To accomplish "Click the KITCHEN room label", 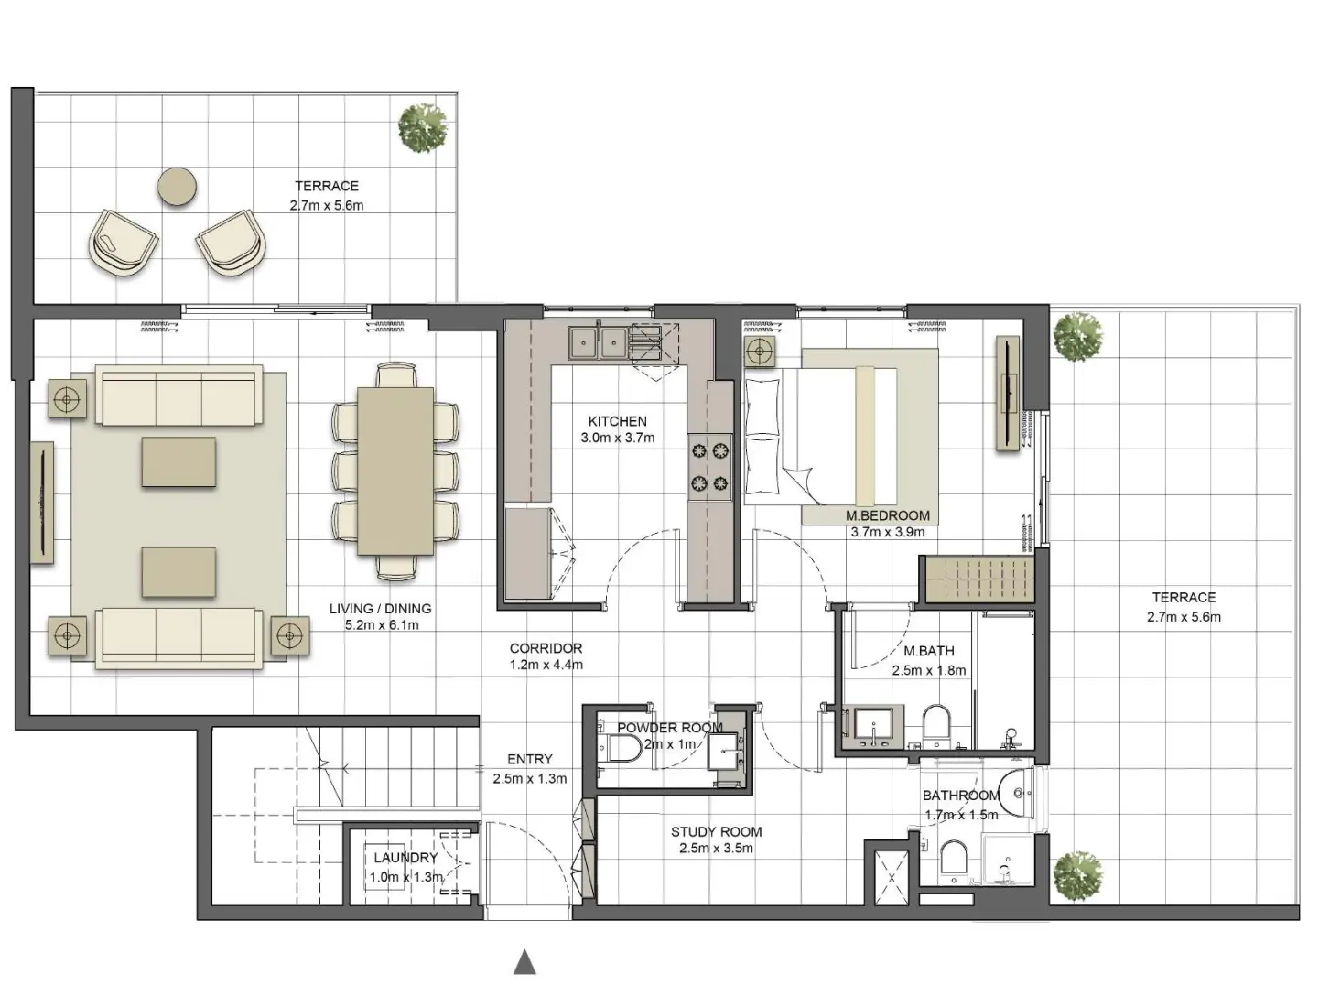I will coord(617,421).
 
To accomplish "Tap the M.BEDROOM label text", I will coord(887,515).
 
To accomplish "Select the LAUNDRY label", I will coord(405,858).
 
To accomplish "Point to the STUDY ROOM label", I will coord(716,832).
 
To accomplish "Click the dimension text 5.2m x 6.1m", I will coord(382,625).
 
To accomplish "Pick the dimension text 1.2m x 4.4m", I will coord(546,665).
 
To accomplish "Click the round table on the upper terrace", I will coord(178,188).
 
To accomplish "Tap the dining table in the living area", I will coord(395,471).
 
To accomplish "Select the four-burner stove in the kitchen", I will coord(710,466).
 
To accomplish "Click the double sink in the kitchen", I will coord(596,342).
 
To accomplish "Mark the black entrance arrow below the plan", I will coord(524,962).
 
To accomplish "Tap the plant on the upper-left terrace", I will coord(423,126).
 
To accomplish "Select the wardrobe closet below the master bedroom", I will coord(978,579).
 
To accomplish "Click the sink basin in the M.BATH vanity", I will coord(876,726).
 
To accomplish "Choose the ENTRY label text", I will coord(529,759).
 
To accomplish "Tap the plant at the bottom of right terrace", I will coord(1077,875).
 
